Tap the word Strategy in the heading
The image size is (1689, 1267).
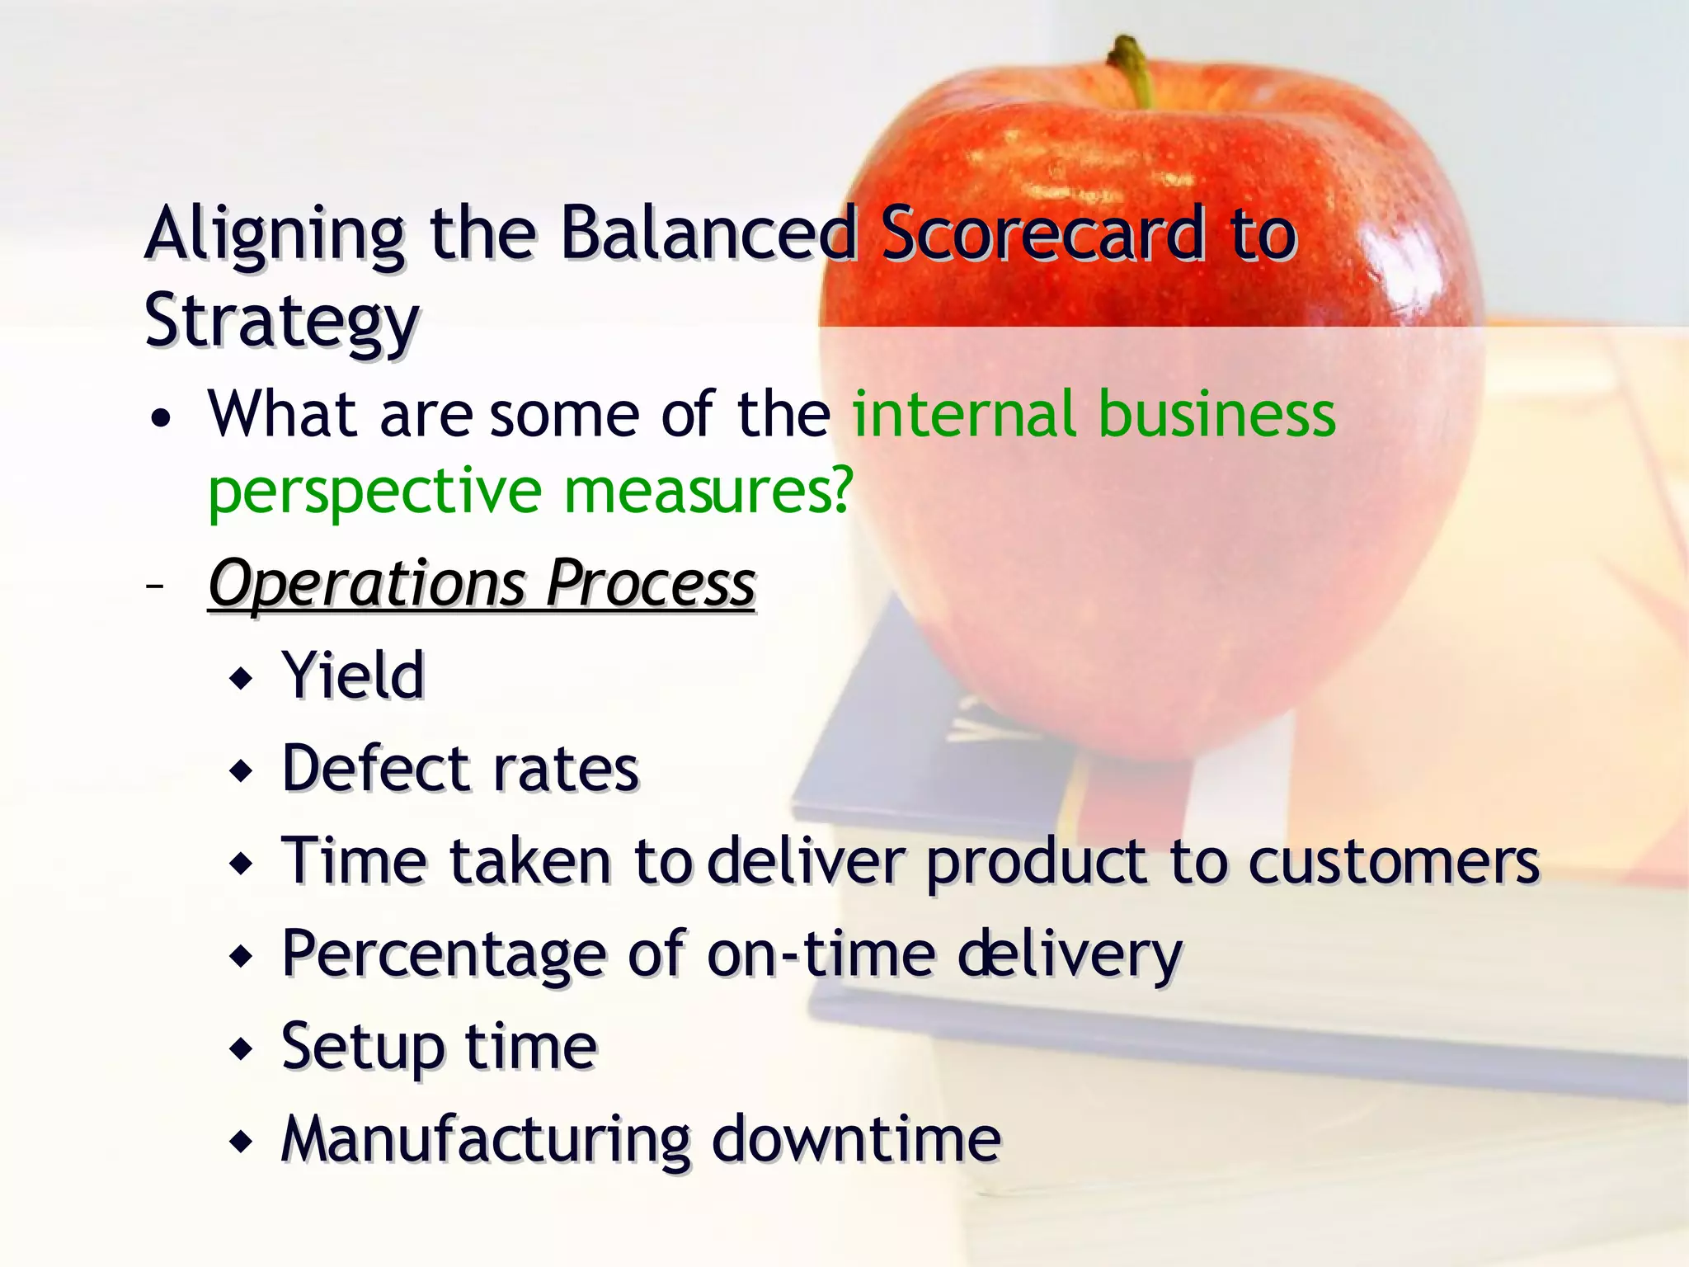click(282, 322)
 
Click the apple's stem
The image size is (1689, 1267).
click(1133, 71)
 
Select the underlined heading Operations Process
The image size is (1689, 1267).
click(482, 584)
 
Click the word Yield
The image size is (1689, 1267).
click(353, 676)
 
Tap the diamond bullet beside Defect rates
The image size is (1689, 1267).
click(242, 772)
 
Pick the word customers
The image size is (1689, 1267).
click(1393, 863)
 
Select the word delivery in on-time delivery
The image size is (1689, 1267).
click(1070, 955)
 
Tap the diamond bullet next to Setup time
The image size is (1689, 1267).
click(242, 1050)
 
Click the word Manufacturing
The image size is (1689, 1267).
click(486, 1139)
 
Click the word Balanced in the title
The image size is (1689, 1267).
click(708, 235)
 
